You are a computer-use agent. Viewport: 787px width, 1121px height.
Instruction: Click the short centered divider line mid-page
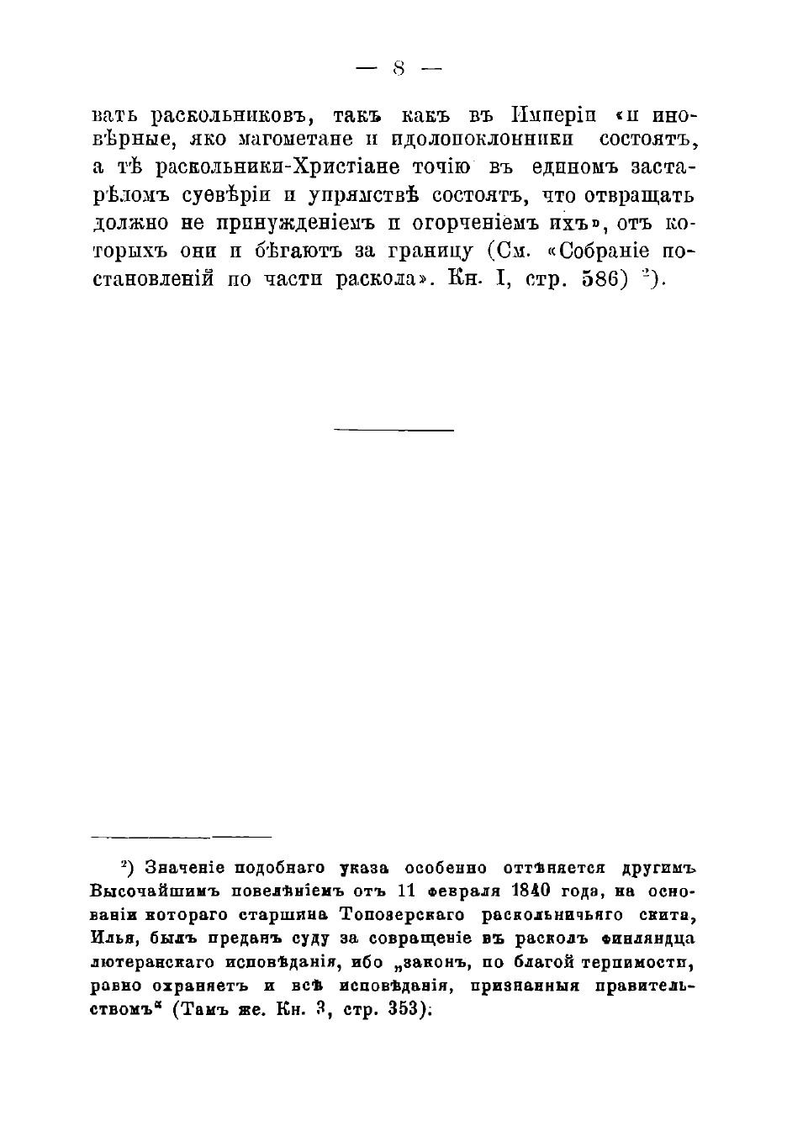tap(393, 431)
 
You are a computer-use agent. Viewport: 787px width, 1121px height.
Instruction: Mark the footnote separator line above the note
tap(181, 837)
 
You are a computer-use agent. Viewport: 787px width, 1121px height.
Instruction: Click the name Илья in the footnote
tap(110, 938)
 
